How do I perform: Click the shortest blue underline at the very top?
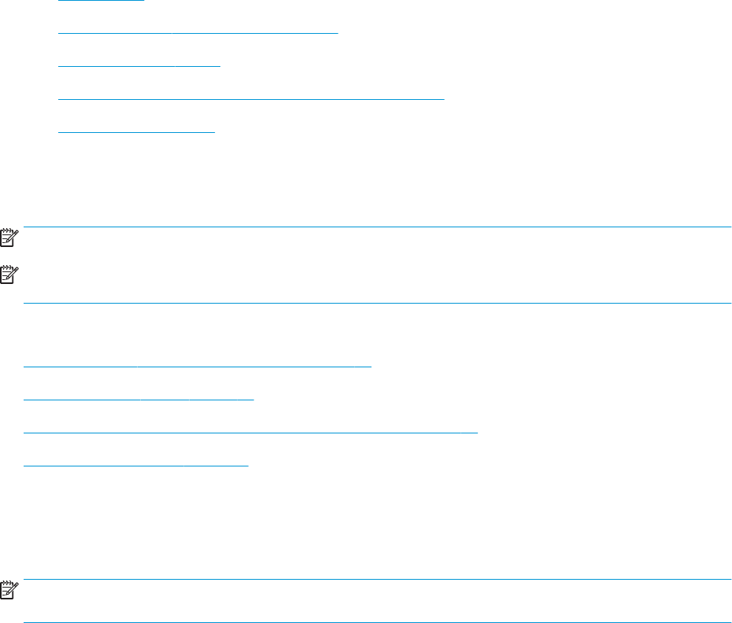(x=102, y=1)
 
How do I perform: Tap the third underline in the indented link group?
(x=139, y=67)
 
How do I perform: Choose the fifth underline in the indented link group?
(x=136, y=132)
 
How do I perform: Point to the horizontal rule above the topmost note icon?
(x=378, y=227)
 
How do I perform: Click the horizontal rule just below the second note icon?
(x=378, y=303)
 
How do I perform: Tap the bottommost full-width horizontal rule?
(x=378, y=622)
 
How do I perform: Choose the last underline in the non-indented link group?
(x=135, y=466)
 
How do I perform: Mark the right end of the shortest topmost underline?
(x=144, y=1)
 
